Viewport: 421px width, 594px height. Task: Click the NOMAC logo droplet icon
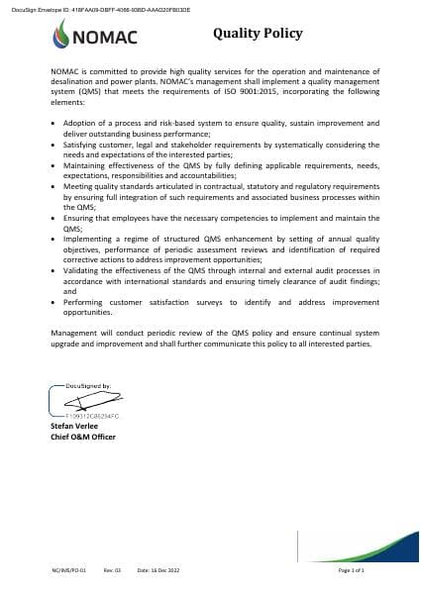(x=64, y=36)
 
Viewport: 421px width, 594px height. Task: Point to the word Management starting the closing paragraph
(x=74, y=334)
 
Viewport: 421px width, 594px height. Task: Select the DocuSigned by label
(x=87, y=384)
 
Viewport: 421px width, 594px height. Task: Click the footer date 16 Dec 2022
(x=158, y=571)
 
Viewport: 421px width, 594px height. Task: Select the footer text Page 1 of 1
(x=352, y=571)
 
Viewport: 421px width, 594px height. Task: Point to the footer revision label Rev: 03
(x=112, y=571)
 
